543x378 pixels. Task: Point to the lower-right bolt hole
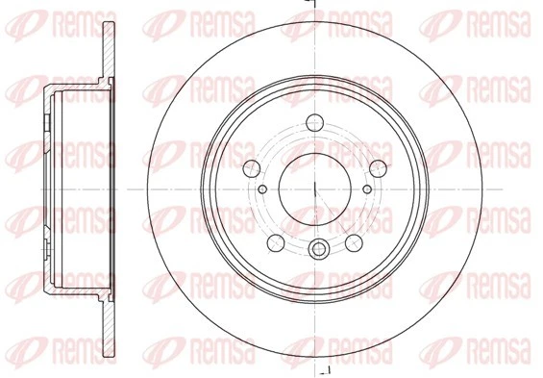tap(354, 240)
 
